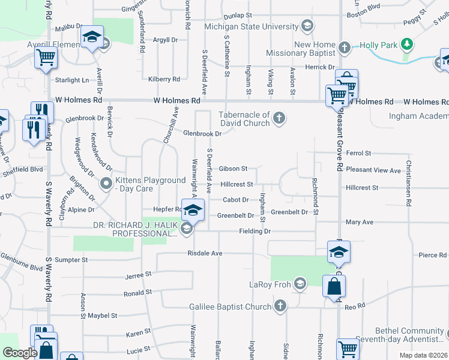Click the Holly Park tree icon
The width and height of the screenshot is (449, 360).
[407, 44]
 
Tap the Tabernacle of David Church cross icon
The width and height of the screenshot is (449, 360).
[279, 118]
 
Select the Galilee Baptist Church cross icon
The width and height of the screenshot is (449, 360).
[279, 307]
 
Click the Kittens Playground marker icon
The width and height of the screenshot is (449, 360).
[106, 183]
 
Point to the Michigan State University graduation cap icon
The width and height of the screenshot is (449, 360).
[307, 26]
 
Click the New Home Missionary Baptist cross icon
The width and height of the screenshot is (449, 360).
[344, 47]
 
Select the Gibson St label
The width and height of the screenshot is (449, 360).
[233, 169]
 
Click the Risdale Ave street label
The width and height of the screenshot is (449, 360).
[205, 253]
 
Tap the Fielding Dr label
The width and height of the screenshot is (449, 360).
[255, 231]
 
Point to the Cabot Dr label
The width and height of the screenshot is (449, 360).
[235, 200]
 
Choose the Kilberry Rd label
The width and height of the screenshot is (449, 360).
[164, 79]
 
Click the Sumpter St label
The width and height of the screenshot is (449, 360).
[71, 260]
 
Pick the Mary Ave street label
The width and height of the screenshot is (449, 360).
[360, 222]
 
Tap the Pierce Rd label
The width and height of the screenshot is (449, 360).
[433, 255]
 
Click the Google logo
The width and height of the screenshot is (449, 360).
[20, 353]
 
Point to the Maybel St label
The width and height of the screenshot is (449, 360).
[102, 315]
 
